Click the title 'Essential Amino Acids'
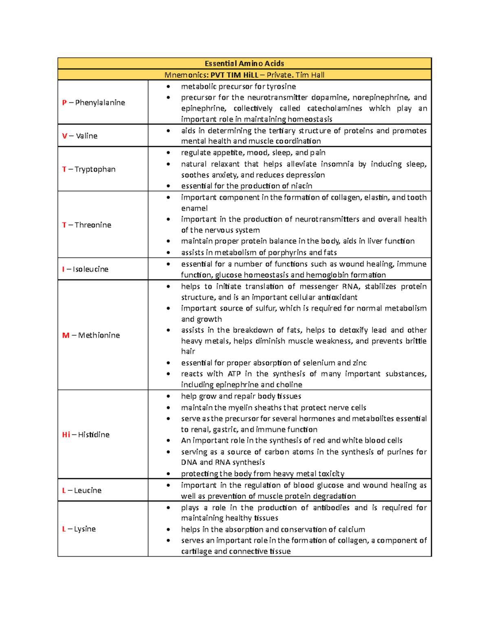(x=244, y=63)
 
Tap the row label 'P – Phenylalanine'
(x=93, y=103)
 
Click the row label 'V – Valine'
(x=79, y=136)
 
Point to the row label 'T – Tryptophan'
(x=88, y=169)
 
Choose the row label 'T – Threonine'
(x=86, y=225)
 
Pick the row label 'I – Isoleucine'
(x=85, y=269)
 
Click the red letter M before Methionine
(x=66, y=335)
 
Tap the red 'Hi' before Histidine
(x=66, y=435)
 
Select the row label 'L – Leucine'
(x=81, y=490)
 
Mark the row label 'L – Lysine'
(x=79, y=529)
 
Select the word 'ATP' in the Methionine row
(x=234, y=374)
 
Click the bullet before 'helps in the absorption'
(x=168, y=529)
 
